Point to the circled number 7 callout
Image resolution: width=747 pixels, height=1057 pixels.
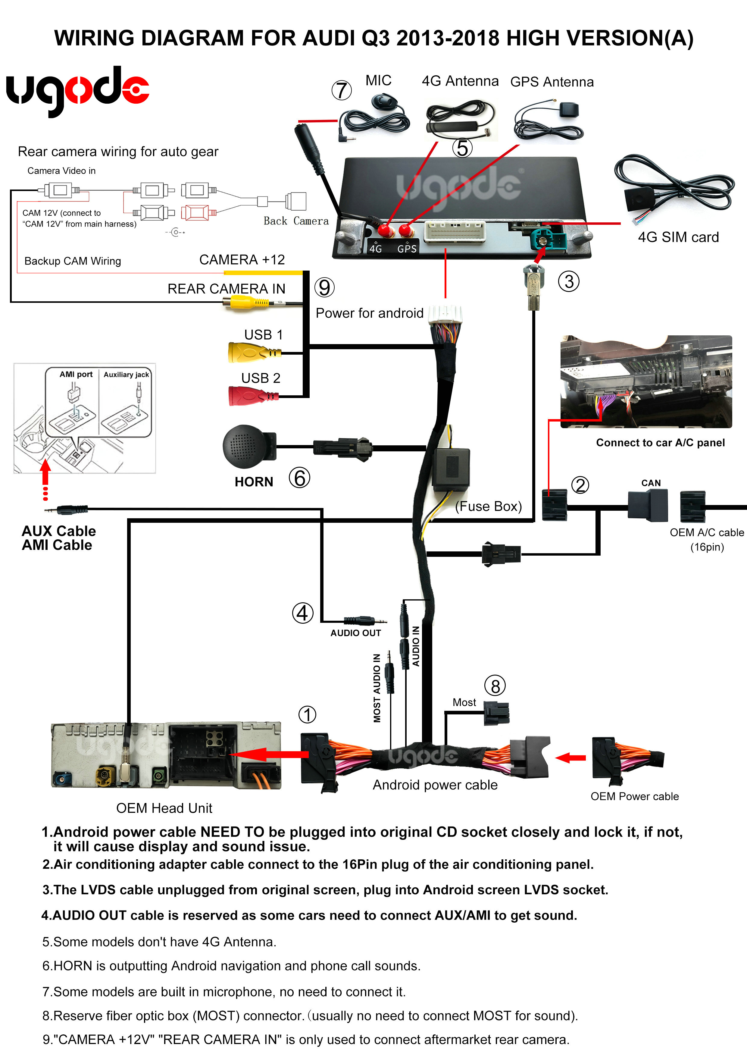[x=342, y=90]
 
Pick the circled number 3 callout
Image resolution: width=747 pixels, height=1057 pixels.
[x=569, y=281]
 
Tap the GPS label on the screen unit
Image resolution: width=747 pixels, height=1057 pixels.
[x=407, y=249]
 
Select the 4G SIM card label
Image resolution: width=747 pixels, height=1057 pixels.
[x=678, y=237]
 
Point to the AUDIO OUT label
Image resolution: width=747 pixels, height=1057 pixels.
[x=355, y=633]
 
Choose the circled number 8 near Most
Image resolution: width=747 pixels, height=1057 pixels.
[x=495, y=686]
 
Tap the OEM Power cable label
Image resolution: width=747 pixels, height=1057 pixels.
[x=634, y=796]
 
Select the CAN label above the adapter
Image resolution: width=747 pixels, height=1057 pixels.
[x=651, y=483]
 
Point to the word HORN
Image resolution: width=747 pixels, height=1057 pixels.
[x=254, y=481]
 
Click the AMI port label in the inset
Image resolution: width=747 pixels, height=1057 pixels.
[x=76, y=374]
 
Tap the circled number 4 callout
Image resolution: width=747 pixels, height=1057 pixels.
[x=302, y=613]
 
